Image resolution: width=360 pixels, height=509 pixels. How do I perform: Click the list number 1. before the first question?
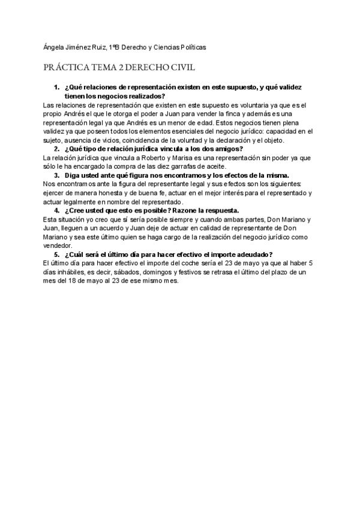click(x=56, y=88)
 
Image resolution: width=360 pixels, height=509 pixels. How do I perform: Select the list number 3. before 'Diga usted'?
click(x=56, y=175)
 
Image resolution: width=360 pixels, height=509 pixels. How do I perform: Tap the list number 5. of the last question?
click(x=56, y=254)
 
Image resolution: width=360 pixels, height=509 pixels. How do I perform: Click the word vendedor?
click(x=58, y=245)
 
